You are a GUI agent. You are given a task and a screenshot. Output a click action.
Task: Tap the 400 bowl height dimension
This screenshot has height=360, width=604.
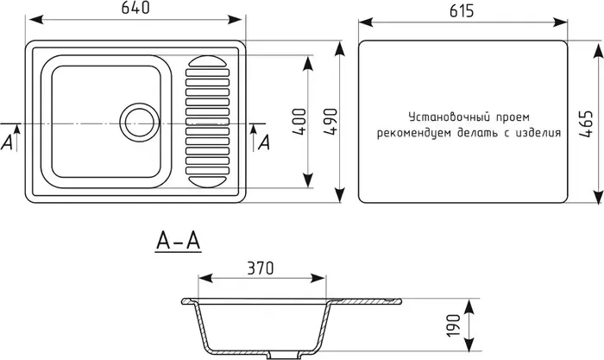pyautogui.click(x=299, y=121)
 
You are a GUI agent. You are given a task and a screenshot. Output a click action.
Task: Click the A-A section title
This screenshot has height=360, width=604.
pyautogui.click(x=179, y=243)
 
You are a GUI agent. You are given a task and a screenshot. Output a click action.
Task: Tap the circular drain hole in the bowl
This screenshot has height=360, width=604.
pyautogui.click(x=138, y=122)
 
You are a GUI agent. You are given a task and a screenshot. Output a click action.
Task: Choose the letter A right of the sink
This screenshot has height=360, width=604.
pyautogui.click(x=264, y=142)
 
